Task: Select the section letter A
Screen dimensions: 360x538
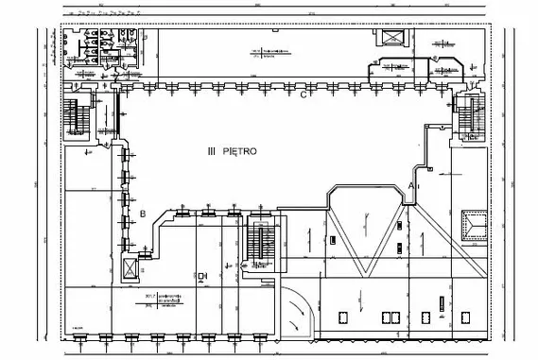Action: pyautogui.click(x=411, y=177)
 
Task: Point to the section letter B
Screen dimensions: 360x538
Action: pyautogui.click(x=143, y=214)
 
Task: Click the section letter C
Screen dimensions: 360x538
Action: pyautogui.click(x=304, y=94)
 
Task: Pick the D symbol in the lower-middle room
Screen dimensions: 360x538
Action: pyautogui.click(x=202, y=276)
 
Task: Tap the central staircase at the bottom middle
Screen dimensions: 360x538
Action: pyautogui.click(x=257, y=240)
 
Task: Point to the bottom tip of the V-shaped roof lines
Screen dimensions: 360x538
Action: pyautogui.click(x=366, y=274)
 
